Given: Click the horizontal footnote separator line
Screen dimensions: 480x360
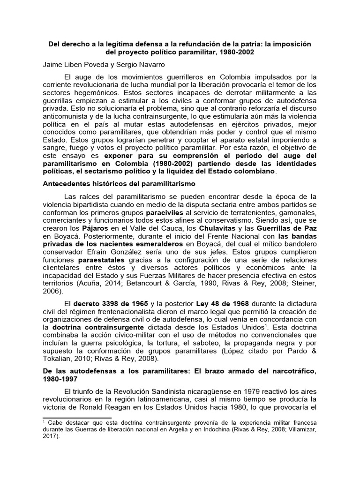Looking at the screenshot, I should coord(77,417).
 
